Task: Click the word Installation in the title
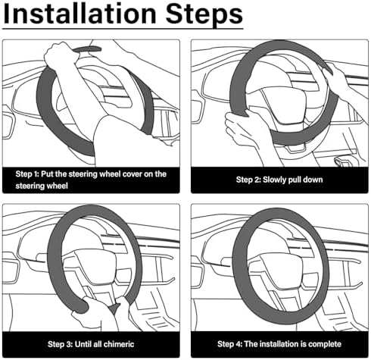coord(79,14)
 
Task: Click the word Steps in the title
coord(204,15)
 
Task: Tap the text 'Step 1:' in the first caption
coord(27,174)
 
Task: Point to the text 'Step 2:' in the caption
coord(248,180)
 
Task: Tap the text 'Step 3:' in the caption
coord(60,344)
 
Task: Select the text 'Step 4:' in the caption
coord(229,344)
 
